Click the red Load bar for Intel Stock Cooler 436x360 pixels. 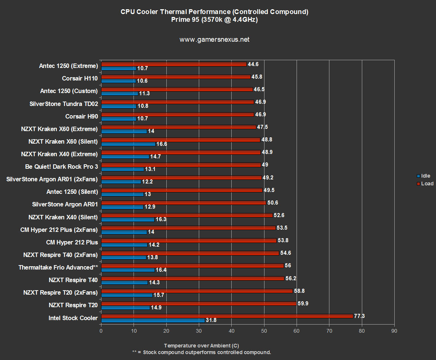click(227, 316)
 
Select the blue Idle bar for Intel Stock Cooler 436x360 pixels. click(153, 320)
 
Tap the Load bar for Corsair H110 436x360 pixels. click(176, 77)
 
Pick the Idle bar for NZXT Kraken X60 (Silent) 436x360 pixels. click(128, 144)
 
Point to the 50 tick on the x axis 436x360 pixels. click(264, 330)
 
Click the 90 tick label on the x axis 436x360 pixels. click(394, 330)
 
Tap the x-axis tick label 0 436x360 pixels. click(101, 330)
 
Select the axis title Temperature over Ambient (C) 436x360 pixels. click(201, 346)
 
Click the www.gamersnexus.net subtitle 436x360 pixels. click(214, 40)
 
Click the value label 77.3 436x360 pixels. click(360, 316)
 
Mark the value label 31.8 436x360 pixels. click(211, 320)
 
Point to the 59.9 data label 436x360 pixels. click(303, 304)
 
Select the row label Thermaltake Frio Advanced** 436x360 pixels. click(58, 267)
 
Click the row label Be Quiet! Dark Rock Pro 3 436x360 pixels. click(62, 167)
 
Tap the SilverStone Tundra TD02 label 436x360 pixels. click(63, 104)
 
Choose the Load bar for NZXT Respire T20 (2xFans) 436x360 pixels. click(197, 291)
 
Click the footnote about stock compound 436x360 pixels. click(201, 352)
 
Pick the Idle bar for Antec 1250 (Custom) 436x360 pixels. click(120, 93)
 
